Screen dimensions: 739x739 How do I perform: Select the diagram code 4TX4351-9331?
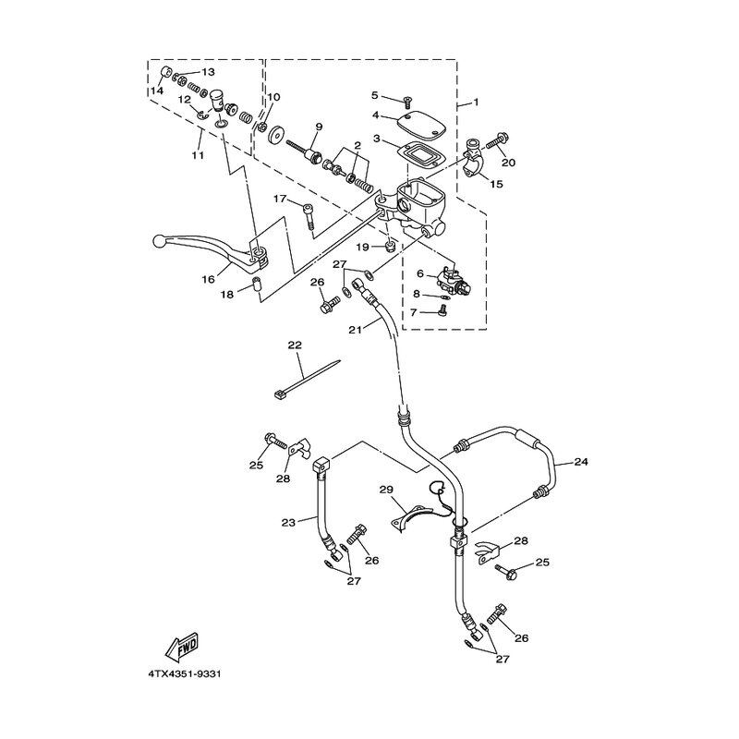(x=185, y=674)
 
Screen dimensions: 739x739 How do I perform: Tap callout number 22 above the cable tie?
(x=295, y=345)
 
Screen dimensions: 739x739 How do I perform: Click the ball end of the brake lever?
(x=157, y=242)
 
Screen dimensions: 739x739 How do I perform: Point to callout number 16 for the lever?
(x=208, y=279)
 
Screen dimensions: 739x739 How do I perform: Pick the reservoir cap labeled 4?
(x=420, y=124)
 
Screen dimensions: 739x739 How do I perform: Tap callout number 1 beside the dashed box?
(x=476, y=102)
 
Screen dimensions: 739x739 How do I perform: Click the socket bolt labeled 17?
(x=309, y=216)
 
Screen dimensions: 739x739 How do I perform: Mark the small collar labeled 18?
(x=258, y=285)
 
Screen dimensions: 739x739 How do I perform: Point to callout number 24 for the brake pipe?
(x=581, y=462)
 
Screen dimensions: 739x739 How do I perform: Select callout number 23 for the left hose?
(x=288, y=522)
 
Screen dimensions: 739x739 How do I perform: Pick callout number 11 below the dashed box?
(x=198, y=154)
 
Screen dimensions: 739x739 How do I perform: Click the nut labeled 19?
(x=390, y=246)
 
